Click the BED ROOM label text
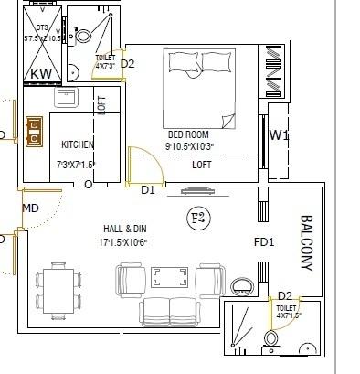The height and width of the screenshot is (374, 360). pos(188,134)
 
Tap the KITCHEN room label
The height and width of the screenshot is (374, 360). pos(78,144)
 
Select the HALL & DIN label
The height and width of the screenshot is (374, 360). pos(127,229)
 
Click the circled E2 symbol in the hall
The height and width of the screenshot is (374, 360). pos(196,218)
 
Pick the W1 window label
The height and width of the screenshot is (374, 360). pos(279,136)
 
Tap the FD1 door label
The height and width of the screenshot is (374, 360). pos(263,242)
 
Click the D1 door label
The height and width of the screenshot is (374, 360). pos(148,190)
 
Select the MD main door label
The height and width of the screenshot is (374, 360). pos(30,208)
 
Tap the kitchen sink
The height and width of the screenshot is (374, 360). pos(66,97)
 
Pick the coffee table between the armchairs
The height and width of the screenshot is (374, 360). pos(170,275)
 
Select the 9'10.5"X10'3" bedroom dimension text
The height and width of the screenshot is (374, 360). pos(190,146)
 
